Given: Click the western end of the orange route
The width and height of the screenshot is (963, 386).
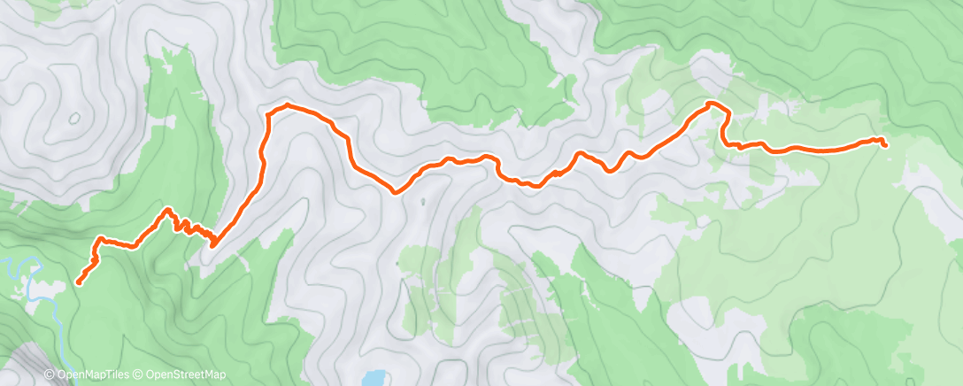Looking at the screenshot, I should click(79, 282).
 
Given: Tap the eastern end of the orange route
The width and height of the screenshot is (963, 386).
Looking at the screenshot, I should click(885, 143).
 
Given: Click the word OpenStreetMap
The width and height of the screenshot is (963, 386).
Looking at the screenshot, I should click(186, 374).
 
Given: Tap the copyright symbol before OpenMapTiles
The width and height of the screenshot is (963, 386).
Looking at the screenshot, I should click(50, 374).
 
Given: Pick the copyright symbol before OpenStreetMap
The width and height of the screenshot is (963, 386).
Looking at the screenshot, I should click(140, 374).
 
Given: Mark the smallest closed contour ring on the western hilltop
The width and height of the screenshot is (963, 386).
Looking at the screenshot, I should click(73, 117).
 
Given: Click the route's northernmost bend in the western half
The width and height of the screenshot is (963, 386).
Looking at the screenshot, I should click(288, 105).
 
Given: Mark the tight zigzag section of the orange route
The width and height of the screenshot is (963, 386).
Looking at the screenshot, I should click(191, 228).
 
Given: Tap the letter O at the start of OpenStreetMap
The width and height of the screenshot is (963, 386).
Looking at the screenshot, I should click(150, 374).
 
